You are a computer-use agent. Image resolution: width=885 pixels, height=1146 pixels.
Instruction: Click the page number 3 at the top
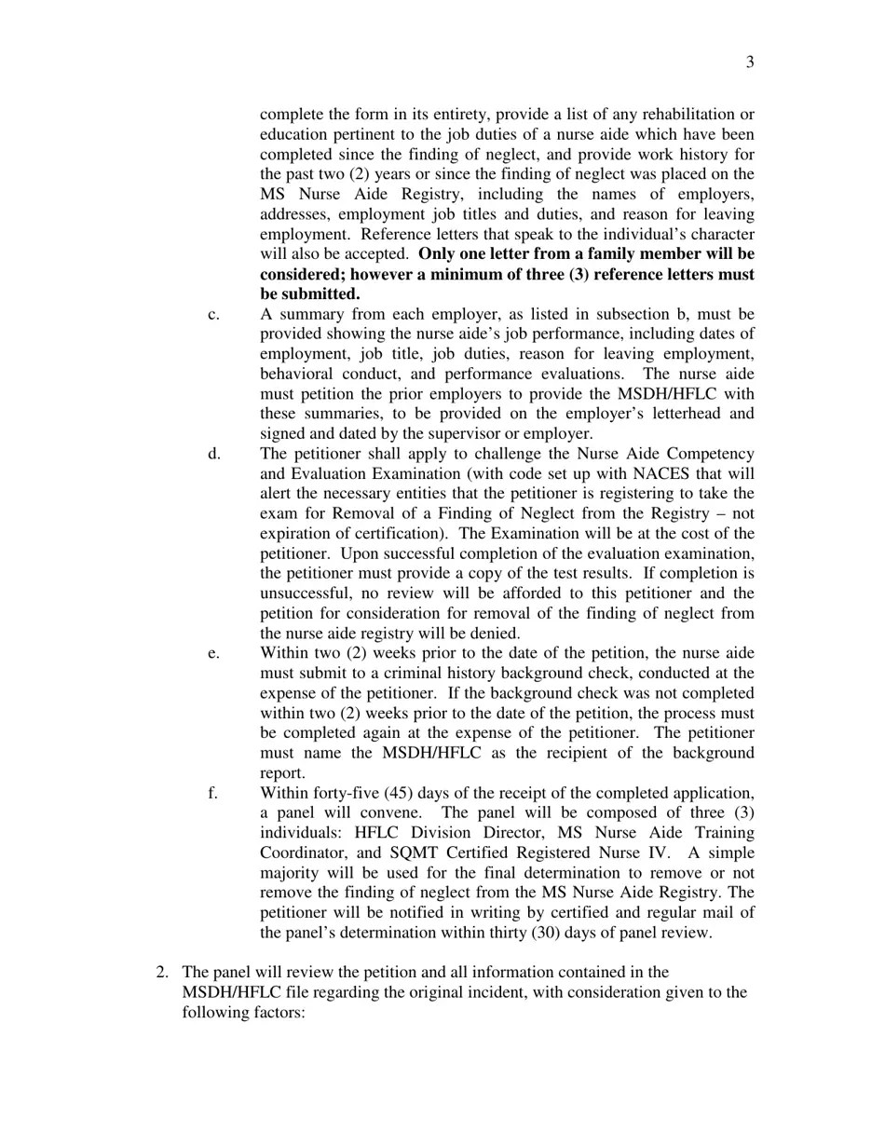coord(750,62)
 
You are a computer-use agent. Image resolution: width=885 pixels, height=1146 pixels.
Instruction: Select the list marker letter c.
coord(213,314)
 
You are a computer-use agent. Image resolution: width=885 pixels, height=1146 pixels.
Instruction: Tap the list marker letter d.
coord(214,454)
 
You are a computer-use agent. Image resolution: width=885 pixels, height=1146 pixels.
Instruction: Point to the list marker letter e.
coord(213,653)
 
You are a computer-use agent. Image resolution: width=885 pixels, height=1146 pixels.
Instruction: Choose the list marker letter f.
coord(212,793)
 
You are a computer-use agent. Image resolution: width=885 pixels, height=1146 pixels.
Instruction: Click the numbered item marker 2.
coord(162,973)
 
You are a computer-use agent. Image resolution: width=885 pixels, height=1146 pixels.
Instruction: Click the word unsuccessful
coord(306,593)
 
